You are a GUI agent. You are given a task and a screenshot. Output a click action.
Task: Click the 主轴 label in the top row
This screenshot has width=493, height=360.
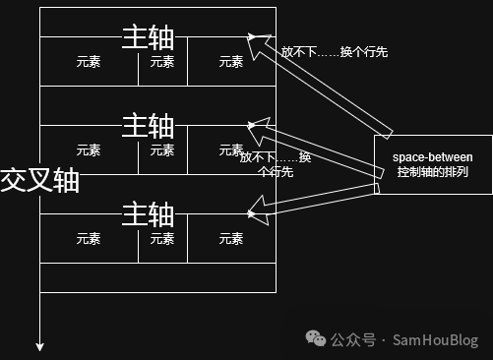point(148,37)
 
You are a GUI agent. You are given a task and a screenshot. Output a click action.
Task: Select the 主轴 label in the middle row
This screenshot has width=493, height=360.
point(148,125)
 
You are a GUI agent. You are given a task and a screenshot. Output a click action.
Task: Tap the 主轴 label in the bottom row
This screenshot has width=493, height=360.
point(148,213)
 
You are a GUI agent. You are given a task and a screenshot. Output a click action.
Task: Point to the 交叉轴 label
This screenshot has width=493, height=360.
point(39,180)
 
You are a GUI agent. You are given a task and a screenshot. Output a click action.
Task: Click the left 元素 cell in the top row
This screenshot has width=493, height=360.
point(88,61)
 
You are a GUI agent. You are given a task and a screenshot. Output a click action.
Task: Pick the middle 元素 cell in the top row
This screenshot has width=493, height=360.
point(161,61)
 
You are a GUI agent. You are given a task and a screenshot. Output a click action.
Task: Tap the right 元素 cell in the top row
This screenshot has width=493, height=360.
point(231,61)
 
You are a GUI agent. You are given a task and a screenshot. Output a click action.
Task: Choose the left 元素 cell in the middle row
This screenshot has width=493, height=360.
point(88,150)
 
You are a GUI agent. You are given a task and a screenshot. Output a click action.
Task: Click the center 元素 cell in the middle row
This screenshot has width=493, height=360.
point(161,150)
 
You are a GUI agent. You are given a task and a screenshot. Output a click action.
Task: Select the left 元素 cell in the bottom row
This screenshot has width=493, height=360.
point(88,238)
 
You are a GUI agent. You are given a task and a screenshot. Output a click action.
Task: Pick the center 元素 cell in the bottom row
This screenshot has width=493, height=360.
point(161,238)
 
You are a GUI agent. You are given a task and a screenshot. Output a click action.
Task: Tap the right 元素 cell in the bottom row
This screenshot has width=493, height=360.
point(231,238)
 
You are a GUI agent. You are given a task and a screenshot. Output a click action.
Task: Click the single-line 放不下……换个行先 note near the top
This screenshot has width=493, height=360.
point(334,52)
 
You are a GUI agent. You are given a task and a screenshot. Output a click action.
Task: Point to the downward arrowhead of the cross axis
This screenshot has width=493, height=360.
point(40,345)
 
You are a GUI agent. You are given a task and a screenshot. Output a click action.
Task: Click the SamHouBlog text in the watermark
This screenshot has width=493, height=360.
point(435,340)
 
